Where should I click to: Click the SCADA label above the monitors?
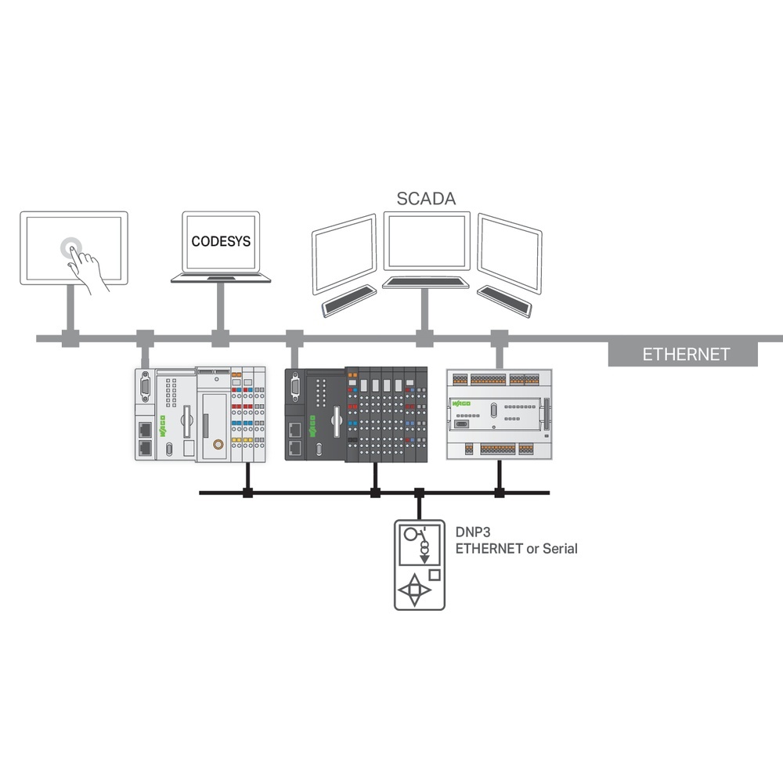point(426,198)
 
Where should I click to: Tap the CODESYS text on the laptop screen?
point(221,241)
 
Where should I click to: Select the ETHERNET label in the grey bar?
point(686,354)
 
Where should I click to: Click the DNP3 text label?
point(473,532)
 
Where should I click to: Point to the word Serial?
point(559,549)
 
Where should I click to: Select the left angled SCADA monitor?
point(344,253)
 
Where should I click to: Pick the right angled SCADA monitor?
point(509,252)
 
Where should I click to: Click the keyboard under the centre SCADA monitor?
point(426,282)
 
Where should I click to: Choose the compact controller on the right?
point(500,413)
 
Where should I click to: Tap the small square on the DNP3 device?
point(435,575)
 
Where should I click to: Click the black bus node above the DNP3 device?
point(419,493)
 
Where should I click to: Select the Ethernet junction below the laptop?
point(220,338)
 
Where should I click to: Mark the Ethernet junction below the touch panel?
point(71,338)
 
